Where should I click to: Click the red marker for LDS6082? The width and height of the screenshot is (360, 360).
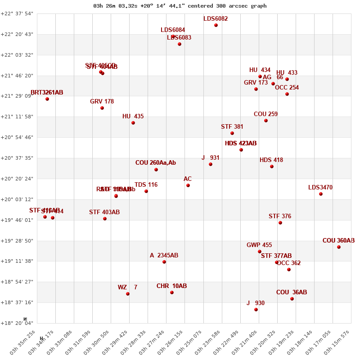click(x=216, y=25)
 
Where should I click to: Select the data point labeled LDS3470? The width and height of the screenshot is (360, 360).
click(x=321, y=194)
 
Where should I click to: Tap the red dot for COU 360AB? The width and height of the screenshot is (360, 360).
click(x=339, y=247)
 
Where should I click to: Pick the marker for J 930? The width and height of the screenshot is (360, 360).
click(x=256, y=310)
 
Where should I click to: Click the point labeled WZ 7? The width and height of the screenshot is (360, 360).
click(x=128, y=294)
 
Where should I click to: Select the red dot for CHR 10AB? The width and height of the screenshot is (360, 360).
click(x=172, y=292)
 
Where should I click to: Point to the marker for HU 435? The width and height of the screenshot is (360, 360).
click(x=133, y=123)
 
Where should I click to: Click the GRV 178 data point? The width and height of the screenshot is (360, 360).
click(x=102, y=108)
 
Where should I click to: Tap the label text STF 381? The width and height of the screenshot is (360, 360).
click(x=232, y=127)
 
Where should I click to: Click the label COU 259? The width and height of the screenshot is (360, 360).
click(x=265, y=114)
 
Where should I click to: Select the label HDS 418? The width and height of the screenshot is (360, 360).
click(x=271, y=160)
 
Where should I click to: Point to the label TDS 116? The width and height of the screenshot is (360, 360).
click(x=146, y=185)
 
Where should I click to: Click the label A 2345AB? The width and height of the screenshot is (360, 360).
click(x=164, y=256)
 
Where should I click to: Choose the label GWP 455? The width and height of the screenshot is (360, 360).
click(x=259, y=245)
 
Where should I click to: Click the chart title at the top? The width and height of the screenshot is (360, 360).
click(x=180, y=6)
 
